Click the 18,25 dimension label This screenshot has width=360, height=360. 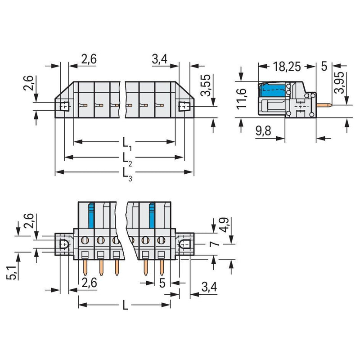click(x=287, y=67)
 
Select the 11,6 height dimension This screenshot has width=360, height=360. click(x=242, y=98)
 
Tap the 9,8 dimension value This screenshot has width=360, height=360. click(x=263, y=131)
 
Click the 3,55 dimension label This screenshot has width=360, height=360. click(x=206, y=85)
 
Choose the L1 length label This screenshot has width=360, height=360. click(x=127, y=144)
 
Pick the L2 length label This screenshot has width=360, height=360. click(x=127, y=159)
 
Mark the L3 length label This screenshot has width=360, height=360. click(x=127, y=174)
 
